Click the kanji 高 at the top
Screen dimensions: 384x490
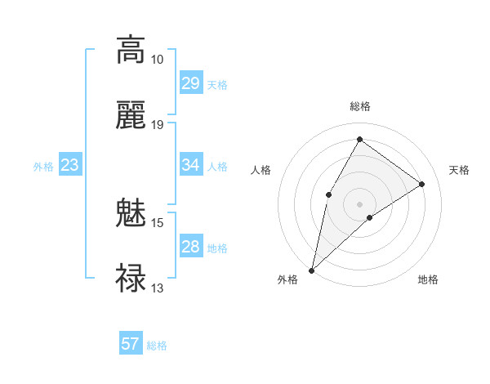(x=131, y=51)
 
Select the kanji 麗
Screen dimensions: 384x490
(x=131, y=115)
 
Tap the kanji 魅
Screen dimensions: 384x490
(x=131, y=214)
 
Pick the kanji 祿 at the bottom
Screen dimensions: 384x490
(x=131, y=279)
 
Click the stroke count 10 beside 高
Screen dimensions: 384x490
(x=158, y=60)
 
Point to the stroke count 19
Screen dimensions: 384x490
(x=158, y=124)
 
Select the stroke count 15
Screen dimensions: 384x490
(x=158, y=223)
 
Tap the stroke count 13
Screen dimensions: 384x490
(x=158, y=288)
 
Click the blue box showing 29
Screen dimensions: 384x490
(x=190, y=83)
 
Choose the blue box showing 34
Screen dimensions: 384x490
(x=190, y=165)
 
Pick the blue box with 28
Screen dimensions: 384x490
(x=190, y=247)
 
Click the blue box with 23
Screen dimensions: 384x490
(x=70, y=165)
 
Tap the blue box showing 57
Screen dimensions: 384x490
(x=130, y=344)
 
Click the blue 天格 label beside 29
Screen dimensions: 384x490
(x=217, y=85)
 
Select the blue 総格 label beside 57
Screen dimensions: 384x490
(x=157, y=346)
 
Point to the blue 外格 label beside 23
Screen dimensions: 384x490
(x=43, y=167)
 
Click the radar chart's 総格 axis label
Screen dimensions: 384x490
(x=360, y=106)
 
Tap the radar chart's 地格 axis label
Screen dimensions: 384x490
(x=428, y=280)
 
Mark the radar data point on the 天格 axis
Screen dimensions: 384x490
(x=422, y=185)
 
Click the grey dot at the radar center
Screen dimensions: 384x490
(x=360, y=203)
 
